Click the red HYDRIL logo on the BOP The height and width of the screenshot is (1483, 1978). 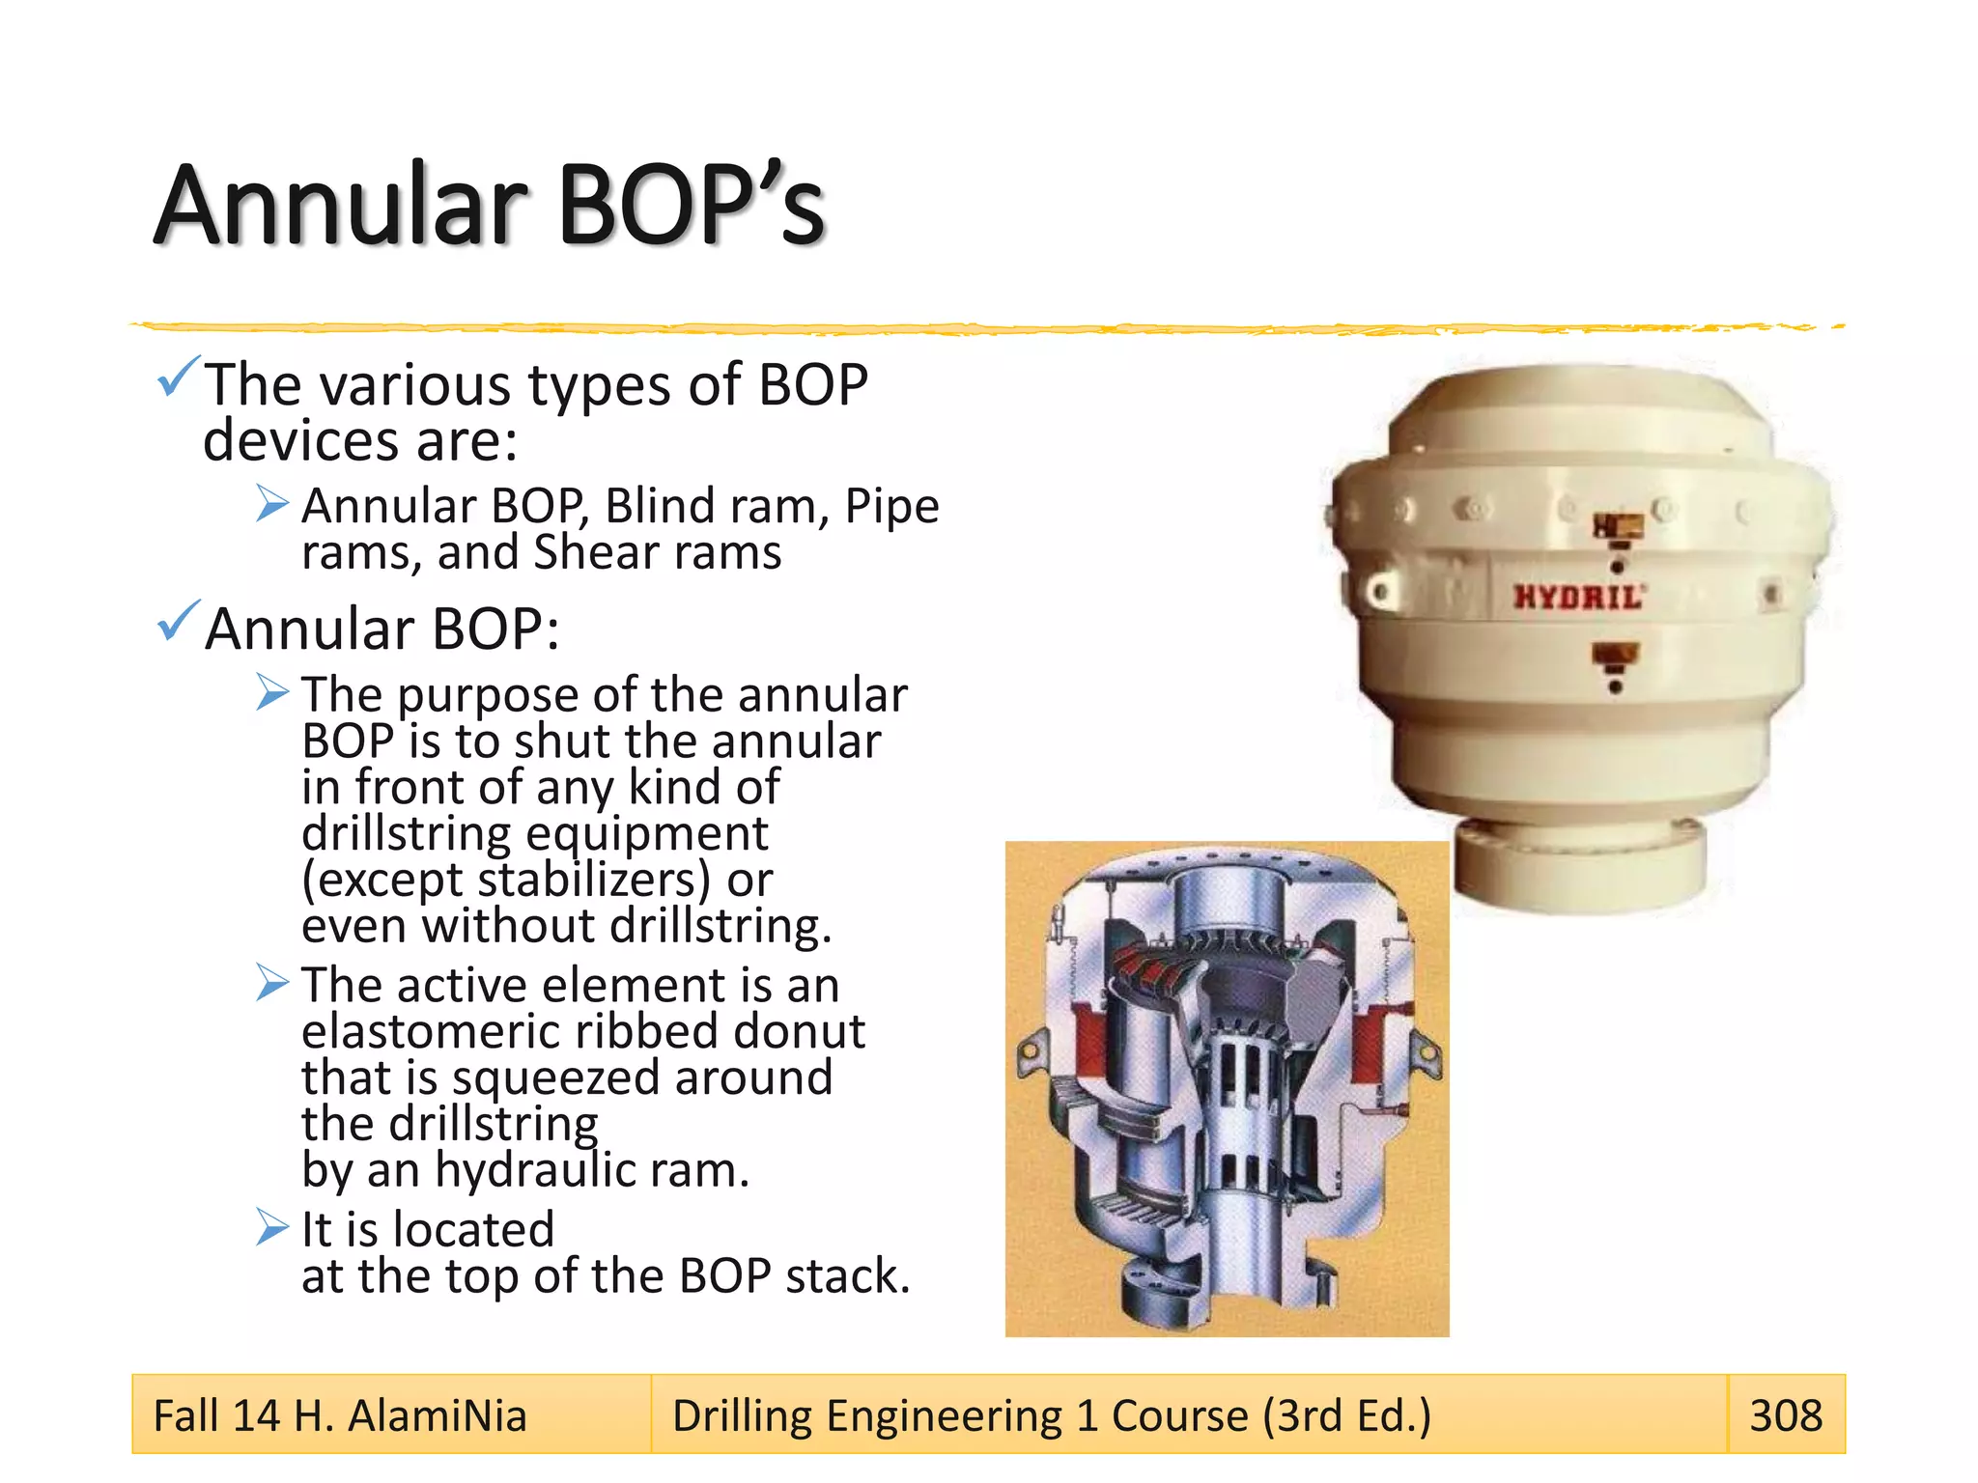pyautogui.click(x=1577, y=597)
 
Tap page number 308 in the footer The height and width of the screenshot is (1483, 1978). pyautogui.click(x=1786, y=1415)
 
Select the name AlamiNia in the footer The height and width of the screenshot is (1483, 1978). pyautogui.click(x=437, y=1416)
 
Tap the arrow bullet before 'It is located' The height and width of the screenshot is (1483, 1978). pyautogui.click(x=272, y=1228)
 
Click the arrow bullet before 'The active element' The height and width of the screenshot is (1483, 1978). pyautogui.click(x=272, y=983)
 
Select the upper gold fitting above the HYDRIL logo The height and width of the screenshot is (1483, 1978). pyautogui.click(x=1619, y=526)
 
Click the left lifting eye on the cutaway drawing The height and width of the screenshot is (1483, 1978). pyautogui.click(x=1031, y=1049)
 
